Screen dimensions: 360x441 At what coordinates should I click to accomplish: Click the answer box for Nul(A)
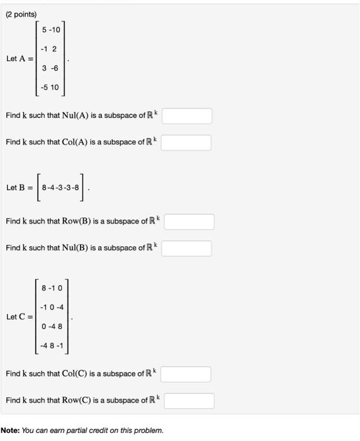[187, 116]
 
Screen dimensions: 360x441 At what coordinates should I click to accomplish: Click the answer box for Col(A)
[186, 142]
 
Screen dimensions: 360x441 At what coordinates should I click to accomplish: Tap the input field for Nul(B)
[186, 248]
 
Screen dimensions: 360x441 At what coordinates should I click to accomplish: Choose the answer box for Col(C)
[186, 374]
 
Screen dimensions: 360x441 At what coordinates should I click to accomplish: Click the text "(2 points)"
[21, 14]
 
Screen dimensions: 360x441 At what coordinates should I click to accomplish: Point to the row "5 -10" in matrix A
[51, 30]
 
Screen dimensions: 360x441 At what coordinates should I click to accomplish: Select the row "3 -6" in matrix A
[50, 69]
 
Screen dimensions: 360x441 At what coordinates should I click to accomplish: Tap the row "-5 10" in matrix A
[50, 88]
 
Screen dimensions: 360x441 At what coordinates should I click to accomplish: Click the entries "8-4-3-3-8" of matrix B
[60, 188]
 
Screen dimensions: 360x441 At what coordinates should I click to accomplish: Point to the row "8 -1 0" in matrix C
[52, 287]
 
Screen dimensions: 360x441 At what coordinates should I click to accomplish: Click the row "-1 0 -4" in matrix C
[52, 307]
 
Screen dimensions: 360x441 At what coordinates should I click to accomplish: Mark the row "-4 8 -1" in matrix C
[52, 345]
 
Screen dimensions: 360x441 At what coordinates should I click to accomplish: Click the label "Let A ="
[20, 59]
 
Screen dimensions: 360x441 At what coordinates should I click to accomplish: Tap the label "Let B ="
[20, 188]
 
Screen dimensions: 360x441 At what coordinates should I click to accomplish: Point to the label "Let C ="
[20, 316]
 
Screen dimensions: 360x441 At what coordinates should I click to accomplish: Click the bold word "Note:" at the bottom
[10, 431]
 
